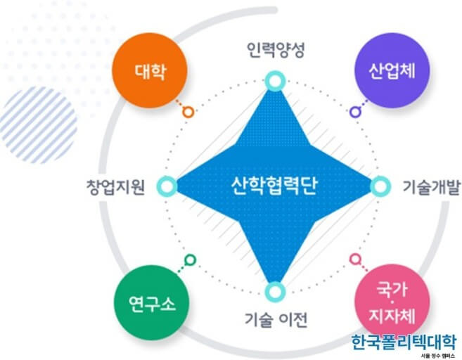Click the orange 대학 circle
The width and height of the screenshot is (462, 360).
(153, 70)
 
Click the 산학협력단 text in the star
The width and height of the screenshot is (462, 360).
(274, 187)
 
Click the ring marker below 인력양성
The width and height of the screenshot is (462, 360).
(274, 82)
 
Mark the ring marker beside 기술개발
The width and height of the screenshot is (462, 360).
(379, 186)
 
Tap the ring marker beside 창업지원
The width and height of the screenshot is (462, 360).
(167, 186)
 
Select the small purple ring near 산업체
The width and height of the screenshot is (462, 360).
(356, 111)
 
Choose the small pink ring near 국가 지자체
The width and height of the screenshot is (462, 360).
(356, 259)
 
